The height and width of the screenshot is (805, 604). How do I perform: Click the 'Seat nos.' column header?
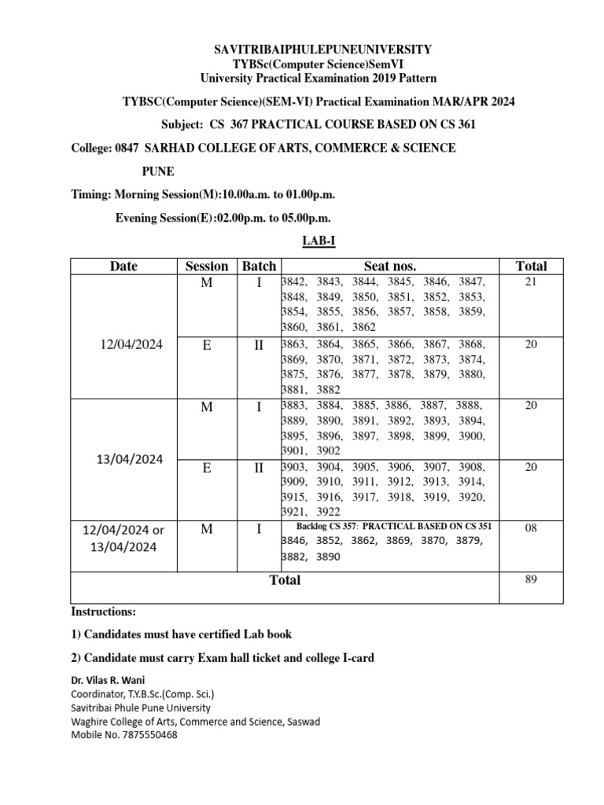tap(389, 266)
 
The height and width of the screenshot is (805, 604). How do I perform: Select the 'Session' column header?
tap(206, 266)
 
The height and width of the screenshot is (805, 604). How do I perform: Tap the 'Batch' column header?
tap(259, 266)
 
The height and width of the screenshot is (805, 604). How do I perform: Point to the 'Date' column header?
tap(123, 266)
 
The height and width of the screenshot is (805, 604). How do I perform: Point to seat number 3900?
tap(473, 436)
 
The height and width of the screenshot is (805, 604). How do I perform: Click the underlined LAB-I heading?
tap(319, 240)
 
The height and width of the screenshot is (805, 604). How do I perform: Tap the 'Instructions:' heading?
tap(104, 611)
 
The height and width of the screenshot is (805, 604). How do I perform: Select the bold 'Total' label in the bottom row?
tap(285, 580)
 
